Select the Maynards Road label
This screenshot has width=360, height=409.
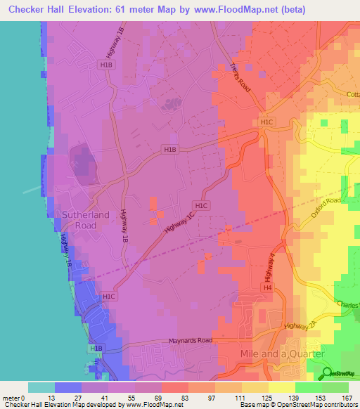190,342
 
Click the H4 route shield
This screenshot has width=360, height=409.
267,288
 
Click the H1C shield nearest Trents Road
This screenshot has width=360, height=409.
266,122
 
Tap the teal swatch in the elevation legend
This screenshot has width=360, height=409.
41,387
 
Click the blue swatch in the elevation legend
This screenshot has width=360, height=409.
68,387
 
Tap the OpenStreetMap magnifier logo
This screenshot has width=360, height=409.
328,372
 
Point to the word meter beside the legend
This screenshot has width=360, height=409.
11,399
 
